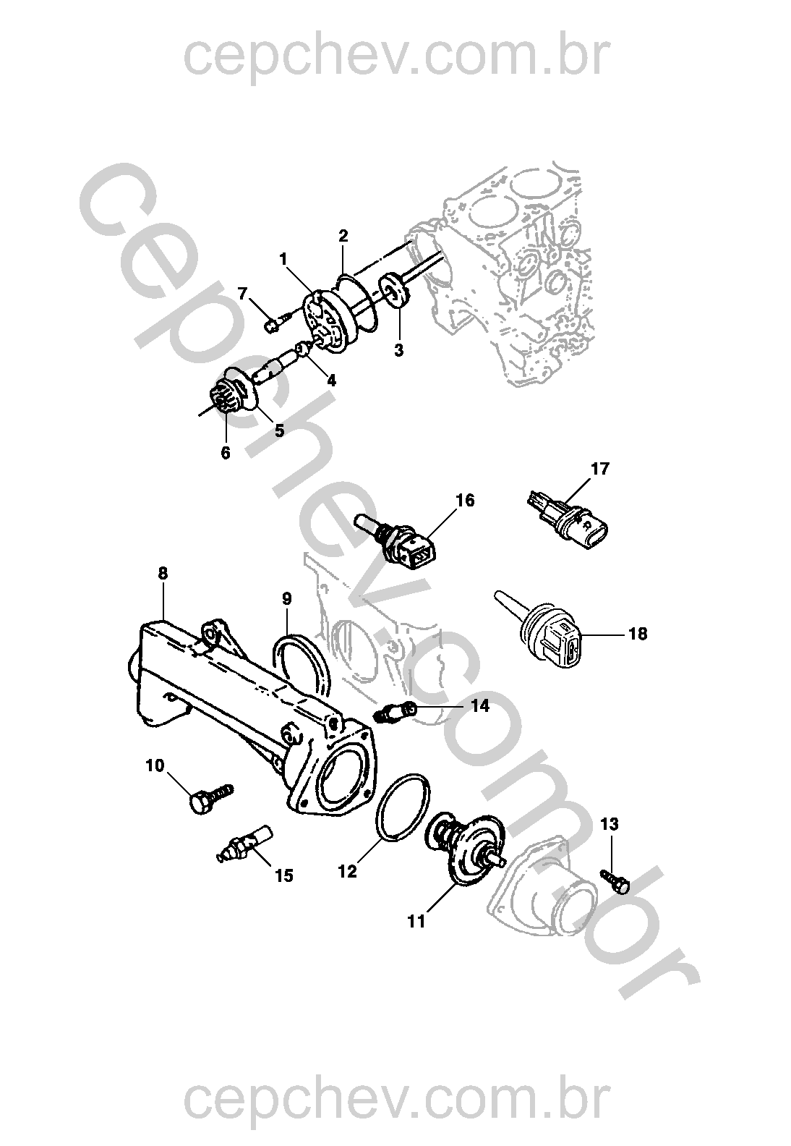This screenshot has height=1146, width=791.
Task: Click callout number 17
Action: [x=600, y=469]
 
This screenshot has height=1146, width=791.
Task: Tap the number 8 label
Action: [x=163, y=573]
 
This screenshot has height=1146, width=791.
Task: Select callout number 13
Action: [x=610, y=823]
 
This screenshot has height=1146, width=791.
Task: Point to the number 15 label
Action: [x=283, y=875]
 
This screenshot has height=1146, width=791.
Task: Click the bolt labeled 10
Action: [x=209, y=797]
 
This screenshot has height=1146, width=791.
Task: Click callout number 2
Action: [x=343, y=235]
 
